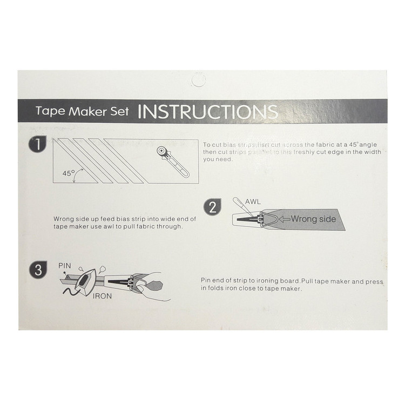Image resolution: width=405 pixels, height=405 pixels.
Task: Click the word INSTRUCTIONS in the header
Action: pos(208,112)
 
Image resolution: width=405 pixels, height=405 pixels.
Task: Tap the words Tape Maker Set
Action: pos(82,111)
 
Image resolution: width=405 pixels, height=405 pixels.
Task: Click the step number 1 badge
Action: pos(37,144)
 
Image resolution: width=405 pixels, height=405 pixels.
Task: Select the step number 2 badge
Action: pos(212,207)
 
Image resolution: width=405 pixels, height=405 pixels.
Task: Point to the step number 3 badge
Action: pos(38,270)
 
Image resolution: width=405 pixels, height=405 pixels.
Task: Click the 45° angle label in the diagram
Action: pos(69,173)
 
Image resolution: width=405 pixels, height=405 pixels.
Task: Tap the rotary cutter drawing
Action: pos(173,162)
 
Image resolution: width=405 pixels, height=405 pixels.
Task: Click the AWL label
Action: pos(253,201)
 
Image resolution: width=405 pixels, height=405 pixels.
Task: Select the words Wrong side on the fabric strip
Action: pos(313,219)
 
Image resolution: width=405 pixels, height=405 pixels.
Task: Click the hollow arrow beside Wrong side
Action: pos(285,219)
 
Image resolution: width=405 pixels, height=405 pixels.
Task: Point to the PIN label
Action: pos(65,266)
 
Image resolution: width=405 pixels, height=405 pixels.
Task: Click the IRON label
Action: pos(102,296)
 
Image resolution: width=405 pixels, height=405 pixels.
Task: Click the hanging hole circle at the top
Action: pos(198,80)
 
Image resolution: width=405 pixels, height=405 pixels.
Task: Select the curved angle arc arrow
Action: pos(77,174)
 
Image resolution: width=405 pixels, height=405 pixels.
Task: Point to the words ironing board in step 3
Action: pos(279,281)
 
